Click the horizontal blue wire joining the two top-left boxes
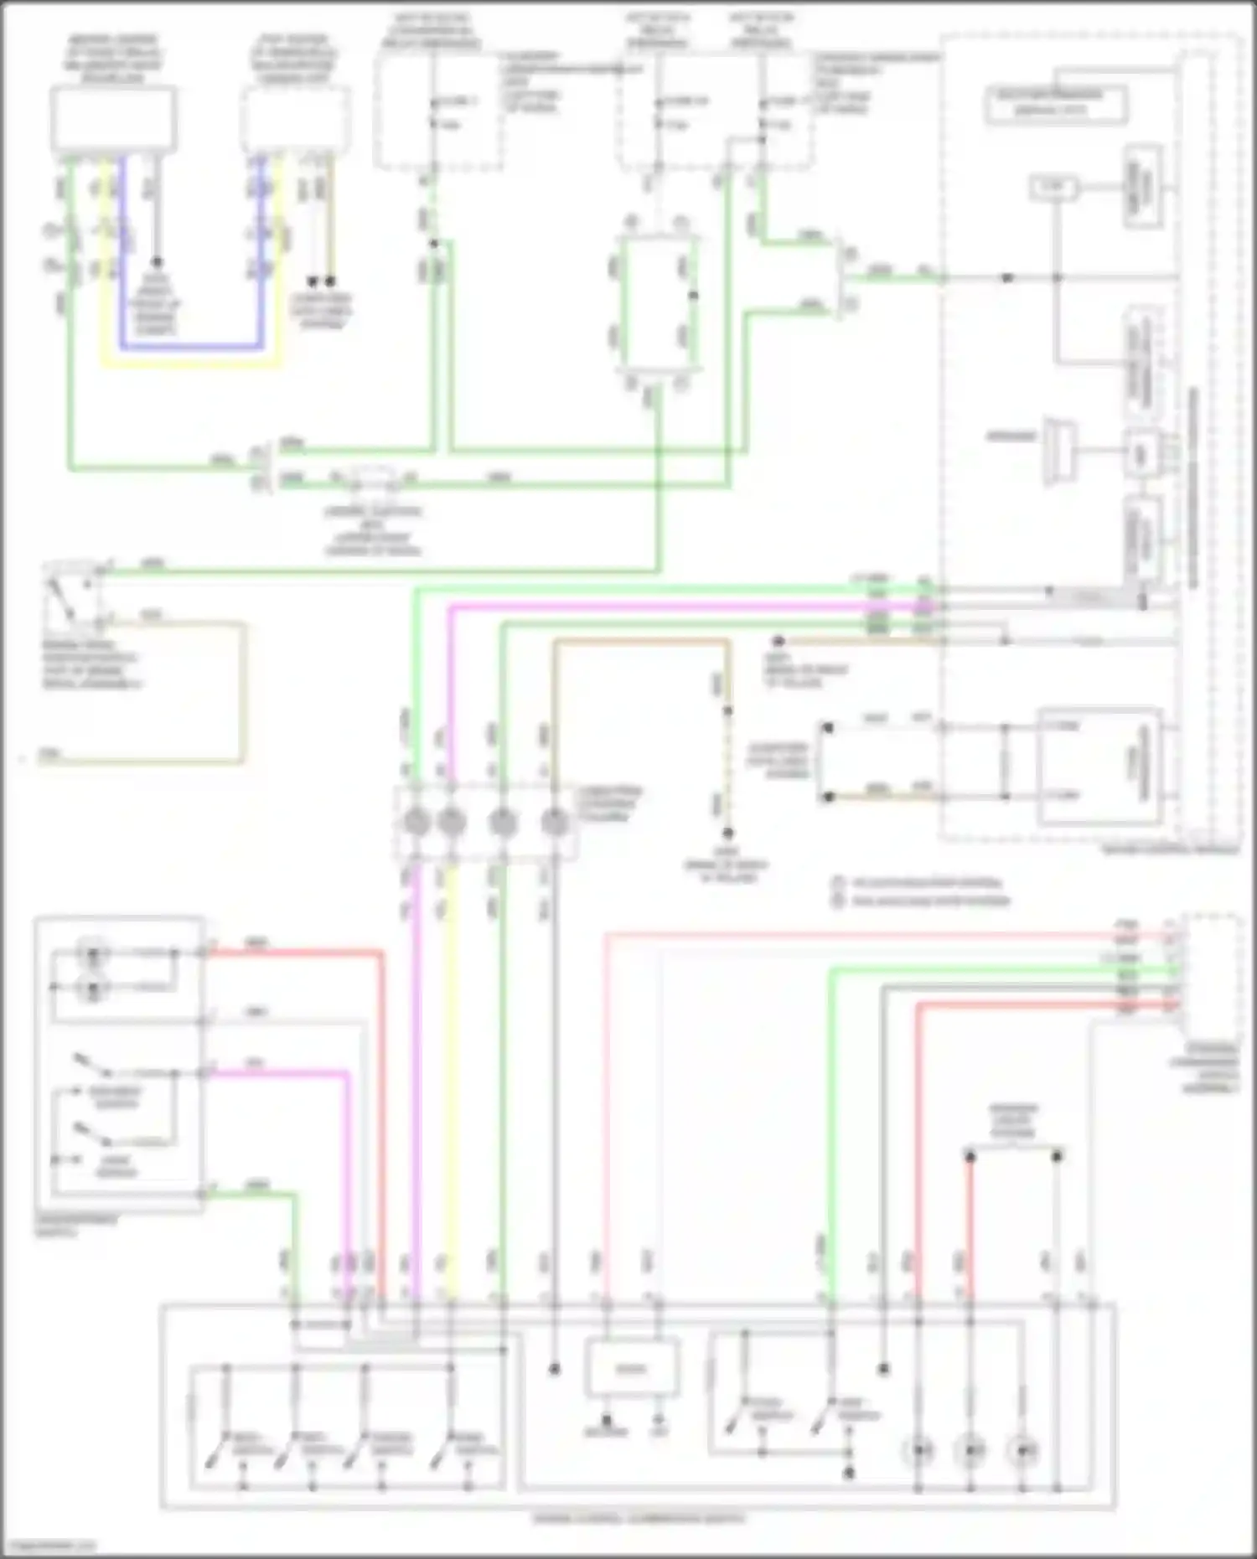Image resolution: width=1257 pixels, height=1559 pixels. (191, 346)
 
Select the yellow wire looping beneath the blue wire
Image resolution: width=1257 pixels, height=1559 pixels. (191, 364)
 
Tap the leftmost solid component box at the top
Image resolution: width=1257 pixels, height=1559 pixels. (114, 119)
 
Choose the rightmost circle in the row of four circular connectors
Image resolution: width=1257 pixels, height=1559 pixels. (555, 823)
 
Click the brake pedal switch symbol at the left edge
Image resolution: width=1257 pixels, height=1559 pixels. (72, 596)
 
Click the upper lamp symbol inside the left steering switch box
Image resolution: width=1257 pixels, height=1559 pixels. (92, 953)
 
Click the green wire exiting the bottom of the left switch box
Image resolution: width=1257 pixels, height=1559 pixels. (251, 1194)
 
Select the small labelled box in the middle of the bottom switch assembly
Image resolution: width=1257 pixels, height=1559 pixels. (631, 1370)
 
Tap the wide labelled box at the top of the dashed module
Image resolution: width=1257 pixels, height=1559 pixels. (1055, 103)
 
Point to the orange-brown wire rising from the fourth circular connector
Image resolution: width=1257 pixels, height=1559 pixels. (637, 643)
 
